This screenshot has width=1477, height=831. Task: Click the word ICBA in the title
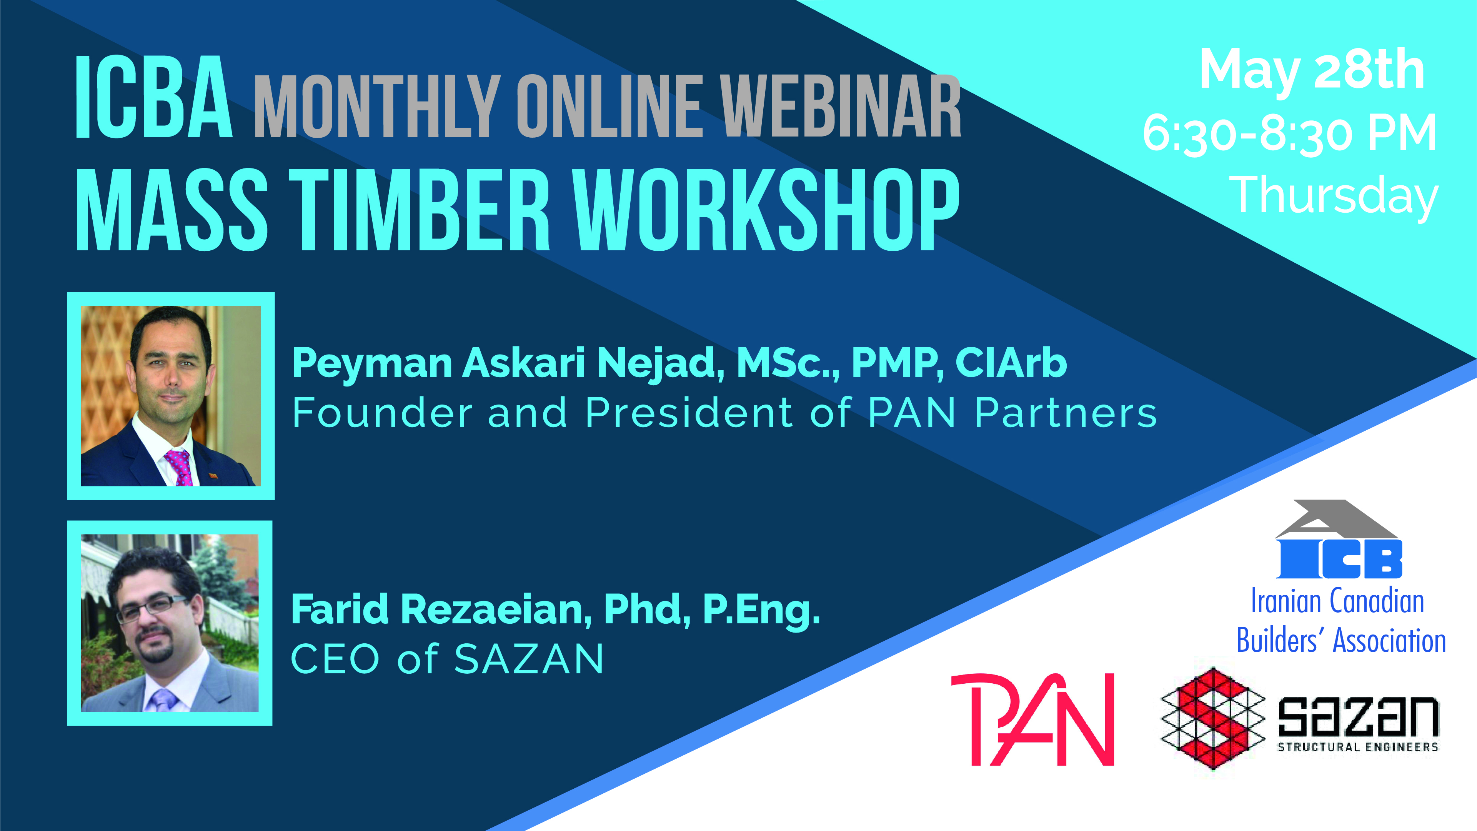pyautogui.click(x=154, y=98)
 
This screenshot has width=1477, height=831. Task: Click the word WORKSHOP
pyautogui.click(x=767, y=210)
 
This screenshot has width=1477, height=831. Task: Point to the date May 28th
pyautogui.click(x=1312, y=71)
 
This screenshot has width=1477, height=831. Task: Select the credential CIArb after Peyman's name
pyautogui.click(x=1011, y=363)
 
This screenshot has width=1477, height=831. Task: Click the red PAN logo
pyautogui.click(x=1032, y=720)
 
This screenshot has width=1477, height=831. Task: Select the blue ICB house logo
pyautogui.click(x=1338, y=539)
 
